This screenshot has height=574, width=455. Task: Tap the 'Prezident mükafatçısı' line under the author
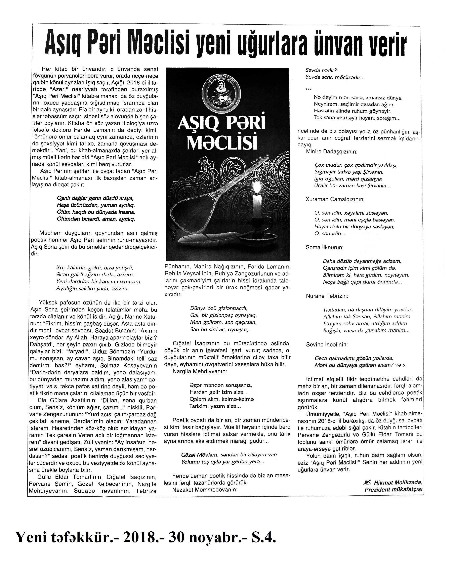click(393, 490)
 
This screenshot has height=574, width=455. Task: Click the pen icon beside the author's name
click(367, 482)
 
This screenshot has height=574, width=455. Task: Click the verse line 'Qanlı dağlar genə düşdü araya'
click(95, 198)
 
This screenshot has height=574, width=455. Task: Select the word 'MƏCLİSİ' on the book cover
click(222, 143)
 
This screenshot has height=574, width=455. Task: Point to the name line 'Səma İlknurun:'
click(325, 247)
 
